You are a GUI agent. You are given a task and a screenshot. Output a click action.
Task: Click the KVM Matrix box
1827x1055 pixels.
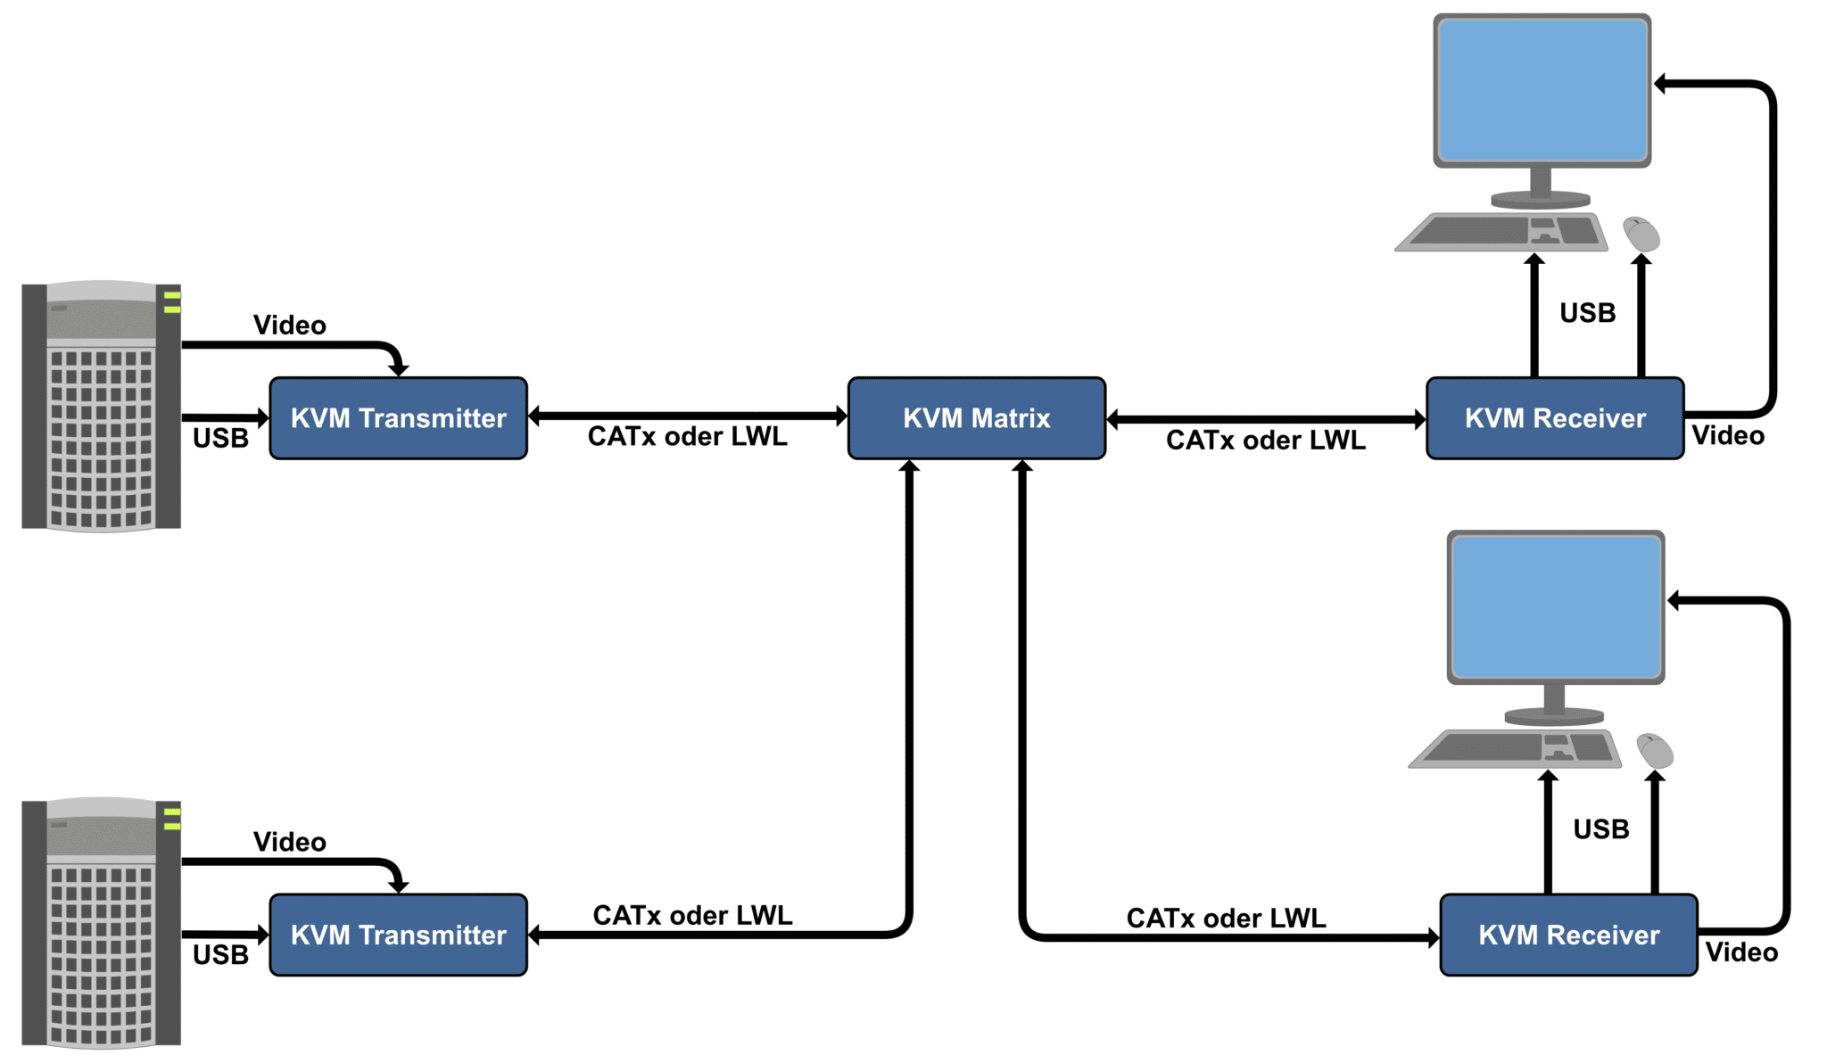(976, 418)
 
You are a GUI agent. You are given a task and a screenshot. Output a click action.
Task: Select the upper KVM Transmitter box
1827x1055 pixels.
(398, 418)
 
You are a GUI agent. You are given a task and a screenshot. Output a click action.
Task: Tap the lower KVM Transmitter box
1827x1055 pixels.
(398, 935)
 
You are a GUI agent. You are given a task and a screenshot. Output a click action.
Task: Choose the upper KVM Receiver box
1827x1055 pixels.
(1554, 418)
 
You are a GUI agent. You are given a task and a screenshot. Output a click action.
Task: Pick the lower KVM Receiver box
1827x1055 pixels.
(1568, 935)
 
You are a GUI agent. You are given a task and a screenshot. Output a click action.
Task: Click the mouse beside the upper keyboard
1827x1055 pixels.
(1641, 235)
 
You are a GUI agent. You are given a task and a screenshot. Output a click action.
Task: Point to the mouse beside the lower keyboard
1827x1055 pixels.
(1655, 751)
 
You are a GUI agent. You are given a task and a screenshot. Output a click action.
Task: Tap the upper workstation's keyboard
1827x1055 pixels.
(1502, 232)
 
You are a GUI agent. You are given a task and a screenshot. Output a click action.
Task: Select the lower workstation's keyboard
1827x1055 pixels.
(1516, 748)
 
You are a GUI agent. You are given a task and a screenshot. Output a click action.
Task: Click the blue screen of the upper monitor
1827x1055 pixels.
(1542, 90)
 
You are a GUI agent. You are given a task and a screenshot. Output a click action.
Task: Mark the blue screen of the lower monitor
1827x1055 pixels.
(1555, 606)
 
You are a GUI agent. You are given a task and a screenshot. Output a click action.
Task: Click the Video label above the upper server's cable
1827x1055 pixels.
(289, 325)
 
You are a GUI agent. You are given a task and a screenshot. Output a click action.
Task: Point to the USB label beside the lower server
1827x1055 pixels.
(220, 954)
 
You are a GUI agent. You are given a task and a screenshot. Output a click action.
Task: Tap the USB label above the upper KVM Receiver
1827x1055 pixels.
(1587, 313)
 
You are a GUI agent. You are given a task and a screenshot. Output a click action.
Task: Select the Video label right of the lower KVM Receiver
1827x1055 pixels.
(1741, 952)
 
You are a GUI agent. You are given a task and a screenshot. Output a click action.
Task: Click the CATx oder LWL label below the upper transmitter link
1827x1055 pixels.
(687, 436)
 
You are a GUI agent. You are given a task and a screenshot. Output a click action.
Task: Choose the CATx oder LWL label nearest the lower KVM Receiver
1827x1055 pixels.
(1226, 918)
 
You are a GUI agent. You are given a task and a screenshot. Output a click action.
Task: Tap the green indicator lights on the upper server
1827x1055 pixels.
(171, 302)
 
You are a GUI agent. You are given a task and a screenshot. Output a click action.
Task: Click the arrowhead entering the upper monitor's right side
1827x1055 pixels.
(1661, 84)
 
